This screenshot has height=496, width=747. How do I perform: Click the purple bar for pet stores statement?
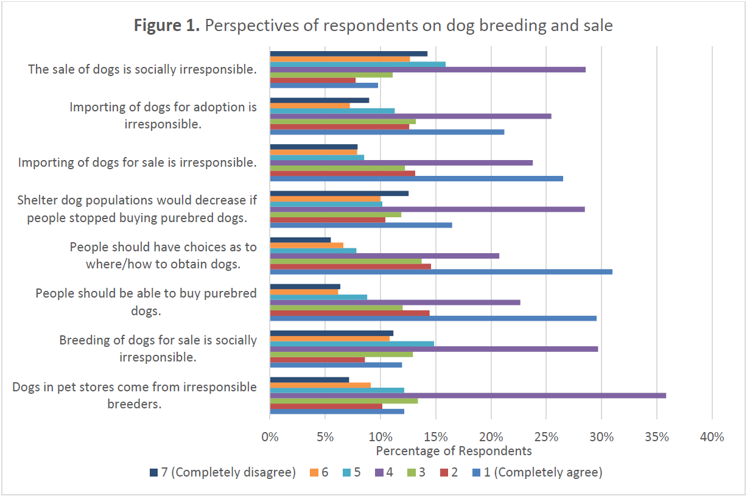(x=468, y=396)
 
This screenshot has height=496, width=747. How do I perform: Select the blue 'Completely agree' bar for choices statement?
(x=441, y=271)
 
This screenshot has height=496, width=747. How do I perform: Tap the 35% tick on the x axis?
(x=657, y=437)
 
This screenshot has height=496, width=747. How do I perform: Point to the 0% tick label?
(x=270, y=437)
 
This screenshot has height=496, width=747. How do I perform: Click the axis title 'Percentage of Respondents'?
(x=454, y=451)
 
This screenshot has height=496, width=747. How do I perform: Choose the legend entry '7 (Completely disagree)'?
(x=222, y=472)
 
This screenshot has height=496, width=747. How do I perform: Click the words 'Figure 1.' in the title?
(x=167, y=26)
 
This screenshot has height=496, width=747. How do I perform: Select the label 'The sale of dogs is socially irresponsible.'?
(x=142, y=69)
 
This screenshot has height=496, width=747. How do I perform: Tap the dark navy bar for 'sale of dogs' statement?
(x=348, y=54)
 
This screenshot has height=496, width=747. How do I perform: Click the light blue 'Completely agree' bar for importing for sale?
(x=416, y=178)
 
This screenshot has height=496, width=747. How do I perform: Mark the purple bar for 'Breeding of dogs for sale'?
(x=433, y=349)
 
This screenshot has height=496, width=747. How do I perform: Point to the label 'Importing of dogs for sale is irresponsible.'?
(x=137, y=162)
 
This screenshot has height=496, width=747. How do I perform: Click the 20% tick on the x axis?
(x=491, y=437)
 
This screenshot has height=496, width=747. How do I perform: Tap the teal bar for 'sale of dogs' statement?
(x=357, y=64)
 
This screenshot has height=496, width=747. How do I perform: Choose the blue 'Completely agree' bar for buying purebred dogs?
(x=433, y=318)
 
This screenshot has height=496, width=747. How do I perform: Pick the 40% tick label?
(x=712, y=437)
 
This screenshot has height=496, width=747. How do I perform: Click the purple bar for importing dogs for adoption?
(x=410, y=116)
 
